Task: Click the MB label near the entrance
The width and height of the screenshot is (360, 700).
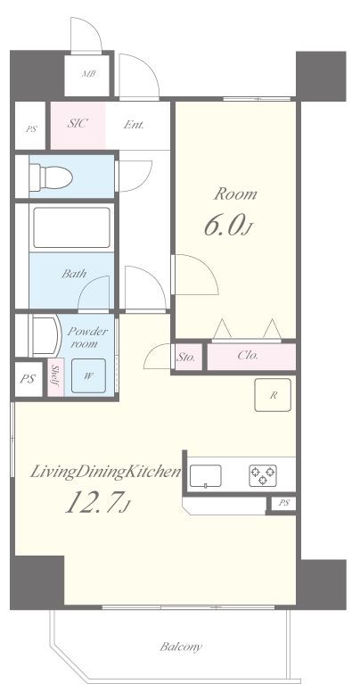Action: pyautogui.click(x=88, y=74)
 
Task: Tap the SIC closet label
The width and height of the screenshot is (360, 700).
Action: pyautogui.click(x=78, y=124)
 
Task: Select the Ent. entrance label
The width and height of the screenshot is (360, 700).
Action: pyautogui.click(x=134, y=125)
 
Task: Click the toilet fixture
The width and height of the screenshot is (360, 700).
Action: pyautogui.click(x=51, y=177)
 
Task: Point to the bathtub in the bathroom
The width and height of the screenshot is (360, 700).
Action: pyautogui.click(x=72, y=227)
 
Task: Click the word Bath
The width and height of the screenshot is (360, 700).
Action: pyautogui.click(x=74, y=274)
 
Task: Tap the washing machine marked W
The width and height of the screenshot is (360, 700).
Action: pyautogui.click(x=88, y=375)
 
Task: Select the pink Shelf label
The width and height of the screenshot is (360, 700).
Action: pyautogui.click(x=55, y=377)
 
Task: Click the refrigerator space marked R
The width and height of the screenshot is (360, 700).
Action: pyautogui.click(x=273, y=395)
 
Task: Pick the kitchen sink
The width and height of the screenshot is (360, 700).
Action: pyautogui.click(x=206, y=476)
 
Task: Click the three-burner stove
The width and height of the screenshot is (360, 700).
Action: pyautogui.click(x=263, y=475)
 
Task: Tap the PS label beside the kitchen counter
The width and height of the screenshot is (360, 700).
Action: pyautogui.click(x=284, y=503)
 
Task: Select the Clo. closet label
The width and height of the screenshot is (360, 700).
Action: pyautogui.click(x=248, y=357)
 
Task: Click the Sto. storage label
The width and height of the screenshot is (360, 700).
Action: pyautogui.click(x=185, y=358)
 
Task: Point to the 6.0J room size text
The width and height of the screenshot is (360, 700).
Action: pyautogui.click(x=226, y=226)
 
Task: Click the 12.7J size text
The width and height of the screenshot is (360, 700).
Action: pyautogui.click(x=98, y=502)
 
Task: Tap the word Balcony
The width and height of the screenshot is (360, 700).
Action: pyautogui.click(x=181, y=646)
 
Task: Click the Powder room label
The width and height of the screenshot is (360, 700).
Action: pyautogui.click(x=87, y=337)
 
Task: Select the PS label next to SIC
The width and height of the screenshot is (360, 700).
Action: pyautogui.click(x=31, y=130)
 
